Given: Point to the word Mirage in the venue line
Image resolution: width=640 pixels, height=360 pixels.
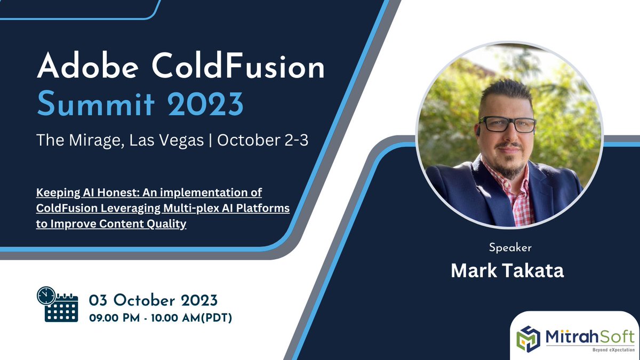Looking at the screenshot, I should pos(98,141).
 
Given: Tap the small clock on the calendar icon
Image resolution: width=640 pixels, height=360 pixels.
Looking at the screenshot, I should pos(45,295).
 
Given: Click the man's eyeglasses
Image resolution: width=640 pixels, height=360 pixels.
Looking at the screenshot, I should pos(507,124).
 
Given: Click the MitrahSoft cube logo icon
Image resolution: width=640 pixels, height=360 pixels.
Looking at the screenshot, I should pos(531,336).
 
